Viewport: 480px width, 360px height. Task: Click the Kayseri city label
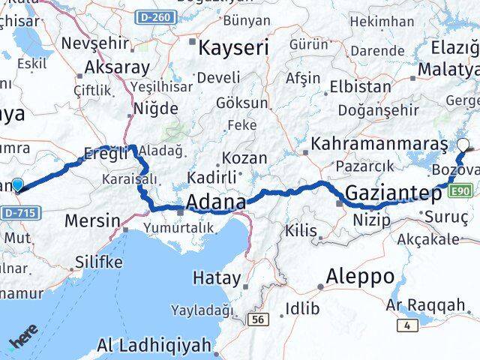[232, 49]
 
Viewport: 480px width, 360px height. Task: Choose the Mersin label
[92, 221]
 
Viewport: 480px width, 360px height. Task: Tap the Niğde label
[156, 109]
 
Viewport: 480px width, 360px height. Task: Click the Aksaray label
[117, 67]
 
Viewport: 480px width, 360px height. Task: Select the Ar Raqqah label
[426, 305]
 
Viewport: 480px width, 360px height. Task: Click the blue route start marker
[17, 184]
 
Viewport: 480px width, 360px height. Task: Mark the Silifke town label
[98, 262]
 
